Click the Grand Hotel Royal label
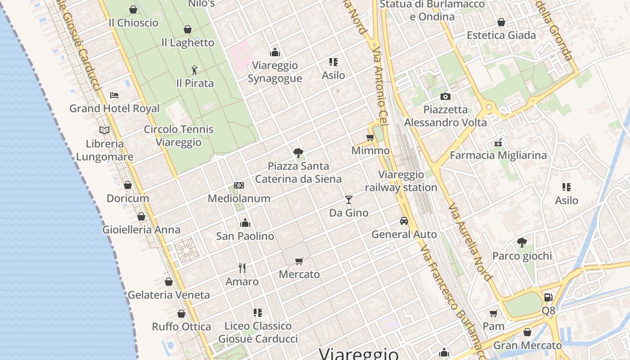pyautogui.click(x=114, y=108)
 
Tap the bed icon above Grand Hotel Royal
pyautogui.click(x=114, y=95)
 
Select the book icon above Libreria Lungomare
pyautogui.click(x=104, y=130)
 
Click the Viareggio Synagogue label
pyautogui.click(x=275, y=72)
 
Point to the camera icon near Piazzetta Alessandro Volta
pyautogui.click(x=445, y=96)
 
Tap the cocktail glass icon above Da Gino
pyautogui.click(x=348, y=199)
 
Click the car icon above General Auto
pyautogui.click(x=404, y=221)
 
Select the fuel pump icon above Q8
pyautogui.click(x=548, y=297)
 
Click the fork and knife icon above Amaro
pyautogui.click(x=242, y=268)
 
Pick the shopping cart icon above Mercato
pyautogui.click(x=299, y=261)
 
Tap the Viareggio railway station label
pyautogui.click(x=401, y=181)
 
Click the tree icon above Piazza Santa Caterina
pyautogui.click(x=298, y=153)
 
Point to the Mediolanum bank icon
pyautogui.click(x=239, y=185)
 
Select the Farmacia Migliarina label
pyautogui.click(x=498, y=155)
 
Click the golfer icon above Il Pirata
pyautogui.click(x=194, y=70)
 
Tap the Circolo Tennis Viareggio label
pyautogui.click(x=179, y=136)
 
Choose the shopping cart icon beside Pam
pyautogui.click(x=494, y=313)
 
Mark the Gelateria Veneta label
pyautogui.click(x=169, y=295)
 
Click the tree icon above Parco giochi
pyautogui.click(x=522, y=243)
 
